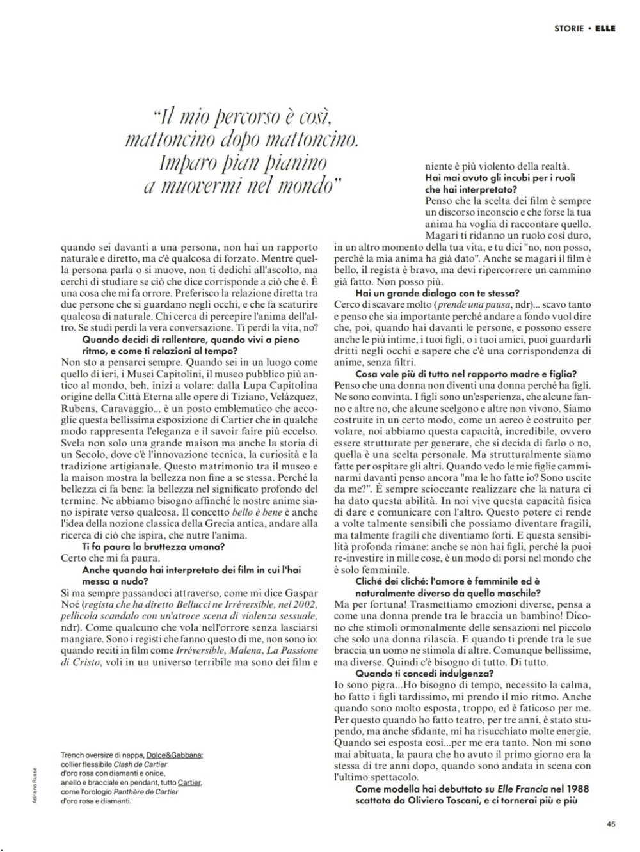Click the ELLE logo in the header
pyautogui.click(x=605, y=28)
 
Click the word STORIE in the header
pyautogui.click(x=569, y=28)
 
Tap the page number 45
pyautogui.click(x=611, y=824)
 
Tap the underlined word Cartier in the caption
pyautogui.click(x=189, y=782)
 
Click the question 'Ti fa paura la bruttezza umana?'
pyautogui.click(x=154, y=547)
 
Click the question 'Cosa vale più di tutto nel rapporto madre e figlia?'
pyautogui.click(x=466, y=374)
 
